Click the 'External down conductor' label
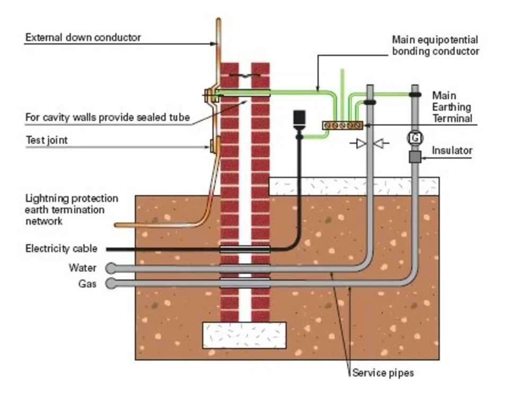(x=83, y=38)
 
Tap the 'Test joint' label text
(x=47, y=140)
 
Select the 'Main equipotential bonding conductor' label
(x=435, y=46)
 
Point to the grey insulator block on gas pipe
(x=415, y=157)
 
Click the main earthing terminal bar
(x=342, y=125)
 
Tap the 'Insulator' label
(x=452, y=151)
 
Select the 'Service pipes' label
(x=383, y=373)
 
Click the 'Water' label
(x=83, y=268)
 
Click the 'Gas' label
(x=87, y=284)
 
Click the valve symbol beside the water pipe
(x=369, y=143)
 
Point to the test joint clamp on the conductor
(x=215, y=145)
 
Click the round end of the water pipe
(x=110, y=268)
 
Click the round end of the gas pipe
(x=110, y=284)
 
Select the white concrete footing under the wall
(x=244, y=335)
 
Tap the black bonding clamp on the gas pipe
(x=415, y=95)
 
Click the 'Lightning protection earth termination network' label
(x=72, y=210)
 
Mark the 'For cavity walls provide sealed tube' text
(x=107, y=118)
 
